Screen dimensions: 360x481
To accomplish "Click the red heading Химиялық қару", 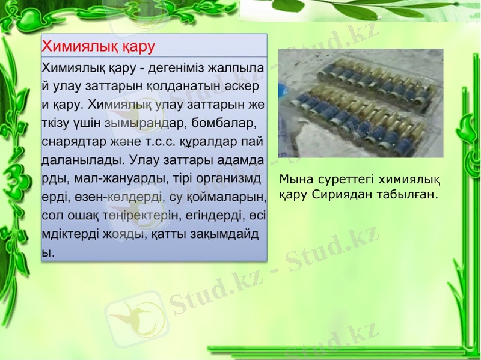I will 98,46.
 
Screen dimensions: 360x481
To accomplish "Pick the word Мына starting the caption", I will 293,179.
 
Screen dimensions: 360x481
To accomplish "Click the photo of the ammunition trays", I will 360,103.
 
